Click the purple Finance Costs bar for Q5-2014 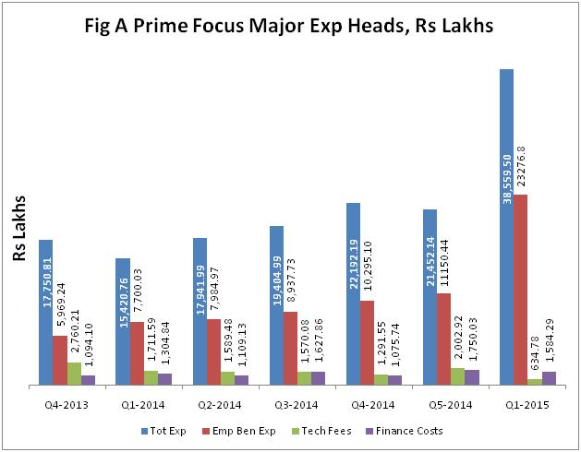coord(472,376)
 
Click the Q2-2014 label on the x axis coord(220,403)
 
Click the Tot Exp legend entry coord(163,431)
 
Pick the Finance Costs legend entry coord(404,431)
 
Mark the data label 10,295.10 coord(368,267)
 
